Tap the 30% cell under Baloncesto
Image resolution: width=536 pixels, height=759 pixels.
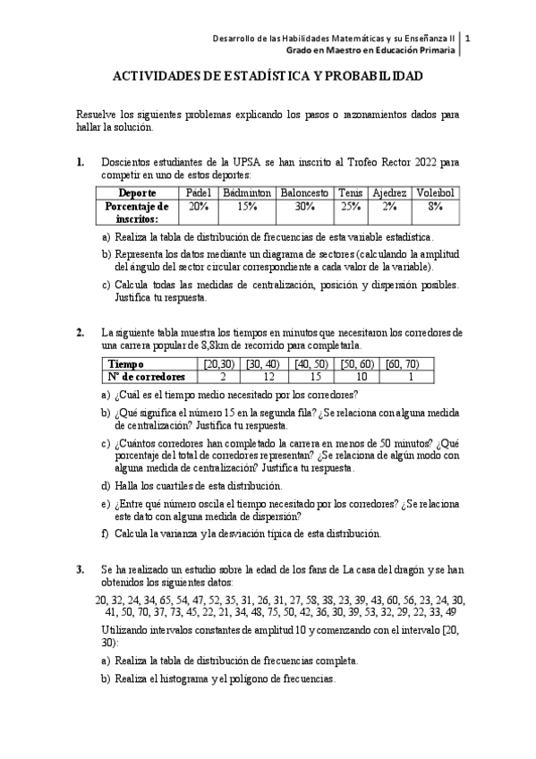(x=305, y=206)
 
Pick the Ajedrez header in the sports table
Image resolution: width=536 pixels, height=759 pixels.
(x=389, y=193)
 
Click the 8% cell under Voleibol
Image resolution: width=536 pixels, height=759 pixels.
(x=435, y=206)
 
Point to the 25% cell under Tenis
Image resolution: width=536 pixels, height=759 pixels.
(x=350, y=206)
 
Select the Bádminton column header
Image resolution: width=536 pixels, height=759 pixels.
(x=247, y=193)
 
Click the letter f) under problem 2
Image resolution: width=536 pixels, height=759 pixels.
(x=106, y=533)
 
